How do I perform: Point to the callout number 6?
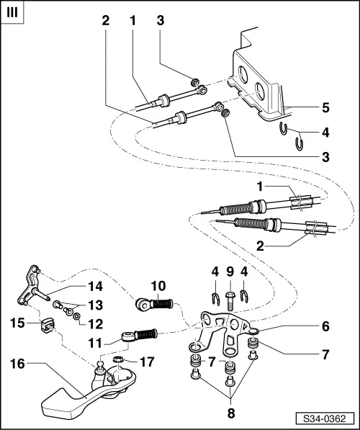click(x=325, y=326)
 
